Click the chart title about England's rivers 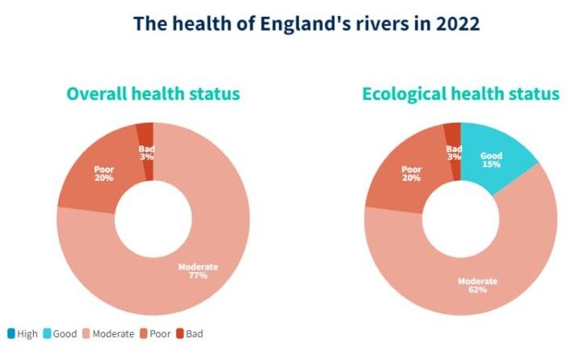307,23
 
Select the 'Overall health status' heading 153,94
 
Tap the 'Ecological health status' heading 460,94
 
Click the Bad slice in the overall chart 145,152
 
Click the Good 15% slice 492,159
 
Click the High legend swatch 11,333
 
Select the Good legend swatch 47,333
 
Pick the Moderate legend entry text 113,333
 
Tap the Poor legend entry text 160,333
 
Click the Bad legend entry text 195,333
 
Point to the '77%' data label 198,275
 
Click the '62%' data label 477,290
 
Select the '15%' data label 492,164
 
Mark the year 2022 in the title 457,23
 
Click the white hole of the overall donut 153,219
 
